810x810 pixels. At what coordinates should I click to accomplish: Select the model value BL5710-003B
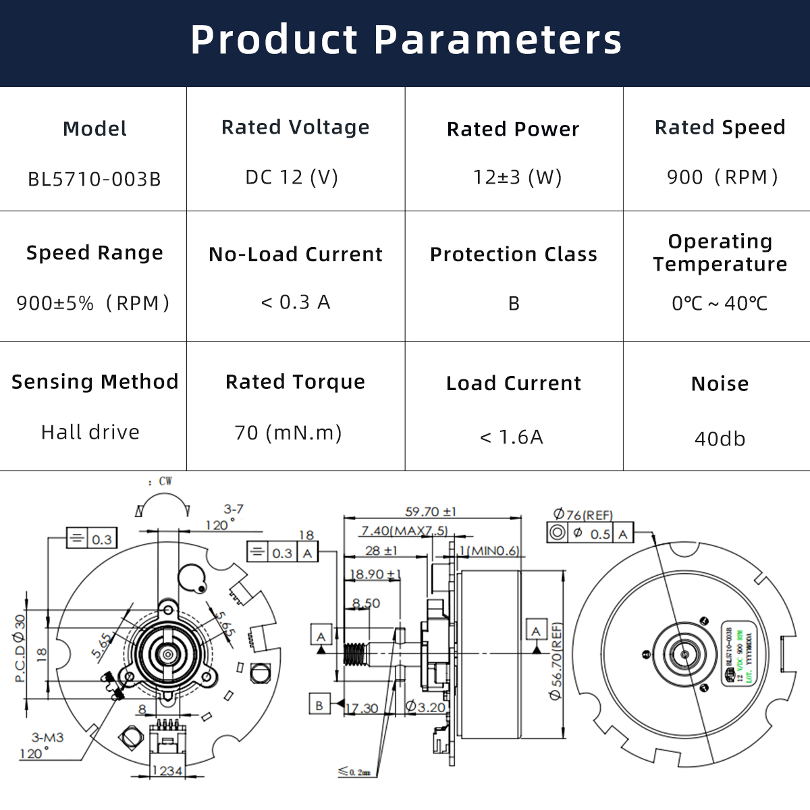click(x=94, y=180)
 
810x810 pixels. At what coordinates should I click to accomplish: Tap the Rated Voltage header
click(x=296, y=127)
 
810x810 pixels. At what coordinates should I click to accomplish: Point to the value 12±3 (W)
click(x=517, y=178)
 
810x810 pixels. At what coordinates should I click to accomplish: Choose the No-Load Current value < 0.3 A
click(x=296, y=302)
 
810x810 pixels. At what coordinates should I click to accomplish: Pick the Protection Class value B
click(x=514, y=304)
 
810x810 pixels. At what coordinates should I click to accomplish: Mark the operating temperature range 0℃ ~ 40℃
click(x=720, y=304)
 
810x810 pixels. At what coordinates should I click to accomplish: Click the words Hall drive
click(x=90, y=432)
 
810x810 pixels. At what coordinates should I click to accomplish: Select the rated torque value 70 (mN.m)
click(x=288, y=432)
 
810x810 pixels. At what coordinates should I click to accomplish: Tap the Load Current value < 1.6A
click(x=512, y=437)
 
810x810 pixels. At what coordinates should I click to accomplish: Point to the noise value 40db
click(x=720, y=439)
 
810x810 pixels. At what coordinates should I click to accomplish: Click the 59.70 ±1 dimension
click(x=431, y=512)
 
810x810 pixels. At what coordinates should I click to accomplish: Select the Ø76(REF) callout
click(x=583, y=515)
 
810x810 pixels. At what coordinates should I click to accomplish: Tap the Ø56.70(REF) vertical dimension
click(x=556, y=661)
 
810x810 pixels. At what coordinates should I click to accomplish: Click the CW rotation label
click(x=165, y=481)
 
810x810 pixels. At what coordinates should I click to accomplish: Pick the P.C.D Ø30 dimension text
click(x=20, y=648)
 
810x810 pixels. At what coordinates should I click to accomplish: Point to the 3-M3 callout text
click(x=47, y=738)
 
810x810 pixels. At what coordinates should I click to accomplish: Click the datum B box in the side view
click(x=319, y=705)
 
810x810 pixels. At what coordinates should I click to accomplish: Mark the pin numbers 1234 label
click(x=167, y=771)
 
